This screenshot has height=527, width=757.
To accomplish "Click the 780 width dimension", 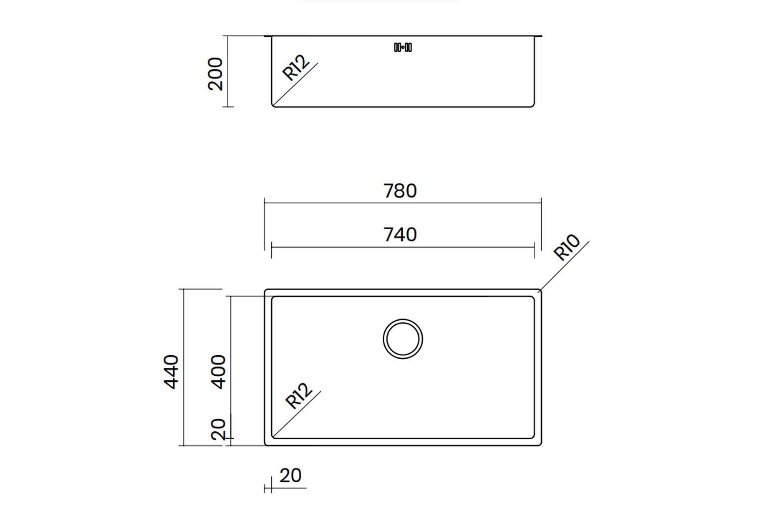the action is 400,191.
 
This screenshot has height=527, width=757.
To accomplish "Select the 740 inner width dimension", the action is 400,235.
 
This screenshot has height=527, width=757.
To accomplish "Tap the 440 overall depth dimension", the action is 171,372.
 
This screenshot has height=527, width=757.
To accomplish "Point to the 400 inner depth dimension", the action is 218,372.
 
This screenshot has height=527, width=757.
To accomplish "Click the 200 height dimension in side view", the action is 215,74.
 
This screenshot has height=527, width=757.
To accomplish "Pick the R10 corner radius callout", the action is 567,247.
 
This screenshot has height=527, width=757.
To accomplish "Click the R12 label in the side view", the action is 296,68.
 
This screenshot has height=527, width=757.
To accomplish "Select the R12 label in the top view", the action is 299,395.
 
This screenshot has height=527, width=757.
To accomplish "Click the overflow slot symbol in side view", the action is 403,47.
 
